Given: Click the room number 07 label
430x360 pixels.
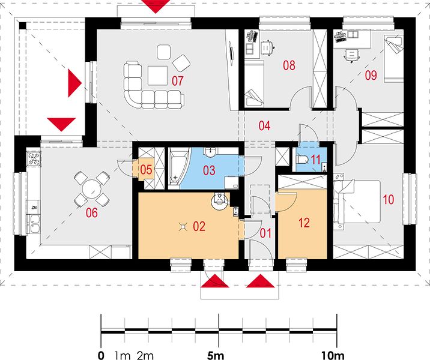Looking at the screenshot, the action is (177, 81).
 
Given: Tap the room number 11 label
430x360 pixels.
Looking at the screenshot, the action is (315, 160).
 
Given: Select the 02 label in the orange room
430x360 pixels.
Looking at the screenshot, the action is (199, 226).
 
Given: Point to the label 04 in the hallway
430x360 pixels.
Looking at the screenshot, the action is (264, 125).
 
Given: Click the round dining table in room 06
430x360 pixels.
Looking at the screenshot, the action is (92, 189).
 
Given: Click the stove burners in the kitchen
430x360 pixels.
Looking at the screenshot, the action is (34, 158).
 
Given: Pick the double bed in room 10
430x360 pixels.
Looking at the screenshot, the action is (357, 202).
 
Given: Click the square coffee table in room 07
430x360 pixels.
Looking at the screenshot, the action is (158, 76).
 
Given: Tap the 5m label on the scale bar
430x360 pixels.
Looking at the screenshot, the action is (216, 356).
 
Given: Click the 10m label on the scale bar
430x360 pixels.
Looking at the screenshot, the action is (333, 356).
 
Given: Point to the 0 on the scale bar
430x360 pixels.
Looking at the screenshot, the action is (101, 356).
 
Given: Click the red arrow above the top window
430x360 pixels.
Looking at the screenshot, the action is (156, 6).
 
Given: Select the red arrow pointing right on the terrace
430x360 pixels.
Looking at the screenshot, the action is (74, 83).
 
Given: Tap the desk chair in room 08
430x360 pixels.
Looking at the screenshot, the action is (267, 47).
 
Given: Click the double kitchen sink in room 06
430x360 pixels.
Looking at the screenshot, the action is (34, 223).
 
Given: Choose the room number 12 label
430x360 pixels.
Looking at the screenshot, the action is (304, 223).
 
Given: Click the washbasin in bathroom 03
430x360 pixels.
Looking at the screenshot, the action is (210, 152).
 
